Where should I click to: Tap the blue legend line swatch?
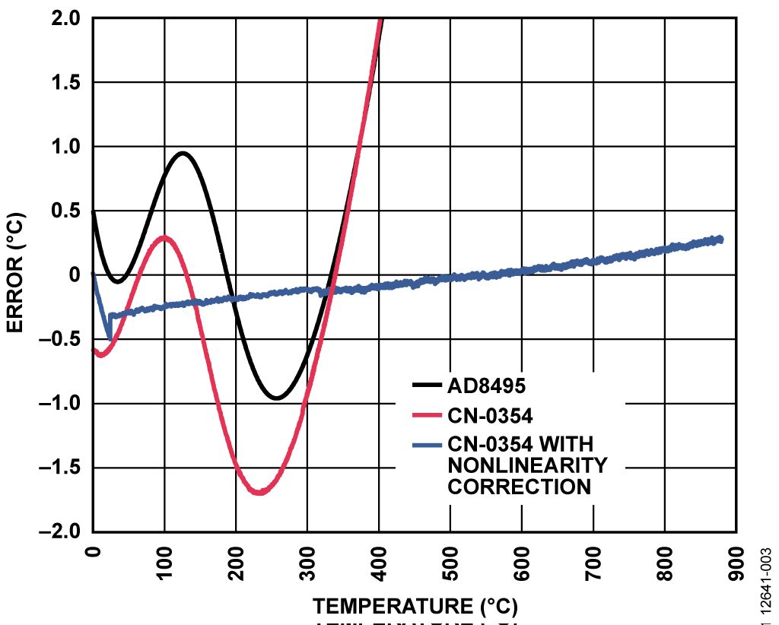tap(424, 443)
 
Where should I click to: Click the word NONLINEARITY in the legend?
tap(527, 465)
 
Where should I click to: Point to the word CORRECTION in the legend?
tap(519, 487)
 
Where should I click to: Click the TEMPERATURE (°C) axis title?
tap(415, 606)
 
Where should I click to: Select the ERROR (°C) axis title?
tap(14, 274)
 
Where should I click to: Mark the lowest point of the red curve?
tap(259, 493)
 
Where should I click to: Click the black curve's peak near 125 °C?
tap(183, 154)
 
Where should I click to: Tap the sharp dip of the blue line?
tap(110, 338)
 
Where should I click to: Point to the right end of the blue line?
tap(719, 240)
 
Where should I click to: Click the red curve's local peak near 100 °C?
tap(164, 238)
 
